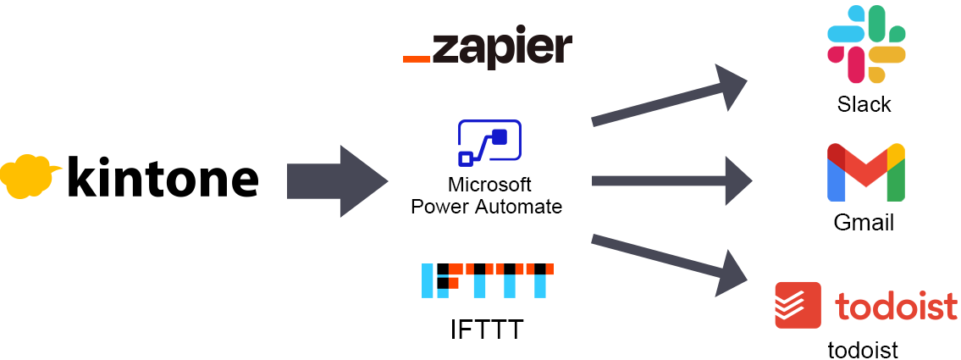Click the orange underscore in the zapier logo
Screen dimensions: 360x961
click(x=416, y=59)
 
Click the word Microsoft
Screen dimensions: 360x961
click(x=489, y=186)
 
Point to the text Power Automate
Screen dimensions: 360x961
click(x=487, y=206)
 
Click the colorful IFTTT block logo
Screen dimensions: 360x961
click(x=487, y=280)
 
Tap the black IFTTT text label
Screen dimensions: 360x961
click(x=487, y=329)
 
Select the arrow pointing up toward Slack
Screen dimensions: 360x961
click(x=669, y=97)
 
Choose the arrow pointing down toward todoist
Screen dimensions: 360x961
click(x=669, y=260)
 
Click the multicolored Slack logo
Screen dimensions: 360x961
click(x=866, y=45)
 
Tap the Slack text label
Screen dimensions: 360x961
click(x=864, y=105)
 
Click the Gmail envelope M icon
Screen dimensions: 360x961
click(x=865, y=174)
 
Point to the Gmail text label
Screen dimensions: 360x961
click(x=864, y=224)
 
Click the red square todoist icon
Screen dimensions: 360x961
click(x=798, y=305)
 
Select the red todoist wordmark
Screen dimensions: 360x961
click(x=896, y=306)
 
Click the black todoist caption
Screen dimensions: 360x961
click(x=863, y=350)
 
